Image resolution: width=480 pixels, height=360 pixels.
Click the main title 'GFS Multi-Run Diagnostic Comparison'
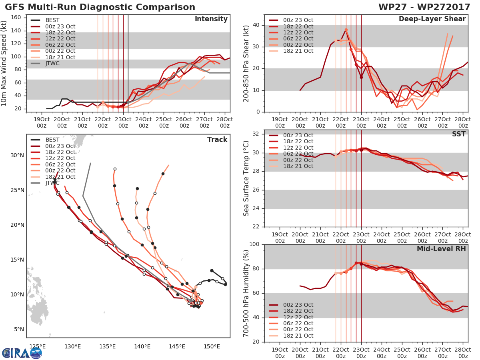[x=100, y=7]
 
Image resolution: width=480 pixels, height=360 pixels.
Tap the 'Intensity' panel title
[x=211, y=19]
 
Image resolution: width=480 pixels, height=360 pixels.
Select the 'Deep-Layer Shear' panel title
[x=432, y=19]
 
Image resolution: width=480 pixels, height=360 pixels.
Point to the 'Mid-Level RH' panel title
[x=441, y=249]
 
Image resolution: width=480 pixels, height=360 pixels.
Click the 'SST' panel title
[x=459, y=134]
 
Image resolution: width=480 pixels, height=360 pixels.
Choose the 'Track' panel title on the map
[x=217, y=140]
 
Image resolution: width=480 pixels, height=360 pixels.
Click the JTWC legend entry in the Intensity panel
[x=53, y=63]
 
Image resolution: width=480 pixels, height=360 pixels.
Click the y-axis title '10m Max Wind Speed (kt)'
[x=4, y=64]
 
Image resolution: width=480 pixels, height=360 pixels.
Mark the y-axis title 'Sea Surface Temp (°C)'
[x=246, y=178]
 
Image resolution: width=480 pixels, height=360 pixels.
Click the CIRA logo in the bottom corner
[x=22, y=352]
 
